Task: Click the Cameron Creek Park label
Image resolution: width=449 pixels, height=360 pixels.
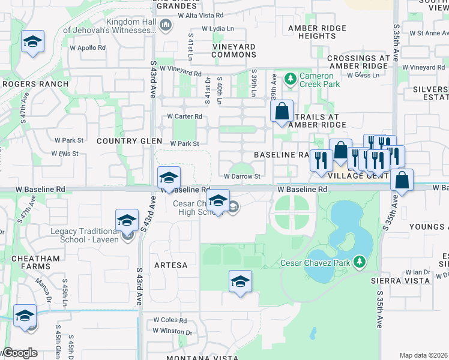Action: click(321, 80)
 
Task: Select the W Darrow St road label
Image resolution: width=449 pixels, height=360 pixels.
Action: click(243, 176)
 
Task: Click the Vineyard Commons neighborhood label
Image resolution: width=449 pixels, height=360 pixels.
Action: click(234, 50)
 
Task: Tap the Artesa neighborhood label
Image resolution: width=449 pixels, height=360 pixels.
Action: click(170, 265)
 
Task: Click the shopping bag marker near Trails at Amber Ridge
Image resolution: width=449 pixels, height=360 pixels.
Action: click(282, 111)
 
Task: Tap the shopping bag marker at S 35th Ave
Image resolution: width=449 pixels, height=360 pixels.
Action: click(402, 179)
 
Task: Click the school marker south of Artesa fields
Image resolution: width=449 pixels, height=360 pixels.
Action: click(240, 281)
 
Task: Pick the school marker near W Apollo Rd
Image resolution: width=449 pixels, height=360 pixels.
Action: click(33, 41)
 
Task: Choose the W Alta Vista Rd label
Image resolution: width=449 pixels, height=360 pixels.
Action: click(203, 15)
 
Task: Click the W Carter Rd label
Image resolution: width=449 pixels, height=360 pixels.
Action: click(184, 116)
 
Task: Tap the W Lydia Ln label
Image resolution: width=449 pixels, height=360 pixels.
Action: click(218, 29)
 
